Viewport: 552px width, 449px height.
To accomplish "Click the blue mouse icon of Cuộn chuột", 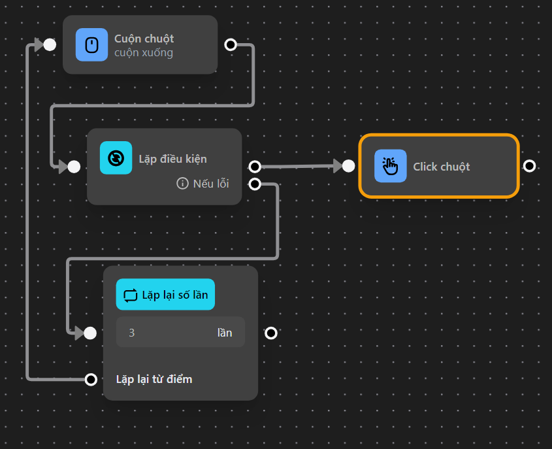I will point(91,44).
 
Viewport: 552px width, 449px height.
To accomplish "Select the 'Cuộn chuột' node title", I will point(144,39).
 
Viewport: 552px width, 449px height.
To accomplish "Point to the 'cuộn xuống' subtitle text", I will point(143,53).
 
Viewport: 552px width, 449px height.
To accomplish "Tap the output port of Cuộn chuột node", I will point(230,44).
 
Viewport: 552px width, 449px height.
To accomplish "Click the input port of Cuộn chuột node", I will point(50,44).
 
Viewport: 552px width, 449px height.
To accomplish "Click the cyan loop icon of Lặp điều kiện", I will point(116,158).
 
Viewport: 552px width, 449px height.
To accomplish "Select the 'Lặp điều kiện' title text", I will point(172,159).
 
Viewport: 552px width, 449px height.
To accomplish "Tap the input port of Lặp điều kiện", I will point(74,167).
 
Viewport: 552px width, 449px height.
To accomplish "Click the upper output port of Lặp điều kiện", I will point(255,167).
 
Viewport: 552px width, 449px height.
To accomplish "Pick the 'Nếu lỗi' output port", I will point(255,184).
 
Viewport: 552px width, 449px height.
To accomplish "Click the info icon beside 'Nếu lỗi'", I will point(182,184).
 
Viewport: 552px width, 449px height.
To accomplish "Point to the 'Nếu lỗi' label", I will point(211,184).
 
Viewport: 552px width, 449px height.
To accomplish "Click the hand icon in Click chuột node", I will point(390,166).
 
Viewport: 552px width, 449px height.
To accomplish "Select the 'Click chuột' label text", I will point(441,167).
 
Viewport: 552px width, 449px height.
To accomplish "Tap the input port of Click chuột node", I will point(348,166).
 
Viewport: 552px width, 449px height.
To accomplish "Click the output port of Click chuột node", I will point(529,166).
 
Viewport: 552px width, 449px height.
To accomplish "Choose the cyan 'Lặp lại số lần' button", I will point(165,295).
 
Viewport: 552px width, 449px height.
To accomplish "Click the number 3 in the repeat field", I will point(132,333).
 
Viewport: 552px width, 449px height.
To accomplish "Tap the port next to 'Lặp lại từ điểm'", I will point(91,379).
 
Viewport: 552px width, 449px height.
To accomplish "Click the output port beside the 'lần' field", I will point(271,333).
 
